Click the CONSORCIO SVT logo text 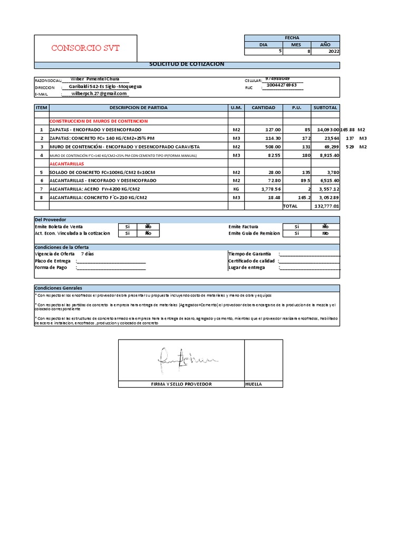pyautogui.click(x=85, y=48)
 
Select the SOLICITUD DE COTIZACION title pyautogui.click(x=187, y=64)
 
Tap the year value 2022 pyautogui.click(x=334, y=52)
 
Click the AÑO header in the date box pyautogui.click(x=325, y=45)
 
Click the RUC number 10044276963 pyautogui.click(x=282, y=85)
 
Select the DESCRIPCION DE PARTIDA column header pyautogui.click(x=138, y=107)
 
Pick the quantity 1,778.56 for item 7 pyautogui.click(x=271, y=189)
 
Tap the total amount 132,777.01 pyautogui.click(x=326, y=206)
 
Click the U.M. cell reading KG pyautogui.click(x=236, y=189)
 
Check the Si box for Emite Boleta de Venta pyautogui.click(x=127, y=226)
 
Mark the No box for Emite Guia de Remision pyautogui.click(x=325, y=233)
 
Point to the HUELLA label pyautogui.click(x=254, y=384)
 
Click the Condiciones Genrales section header pyautogui.click(x=55, y=287)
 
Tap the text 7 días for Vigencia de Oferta pyautogui.click(x=88, y=254)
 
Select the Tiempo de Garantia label pyautogui.click(x=249, y=254)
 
